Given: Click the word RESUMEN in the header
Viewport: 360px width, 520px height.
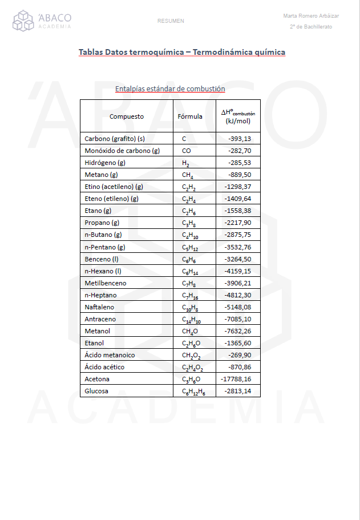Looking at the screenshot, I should pos(171,21).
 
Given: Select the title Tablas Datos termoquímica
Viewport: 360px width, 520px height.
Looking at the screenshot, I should pos(182,53).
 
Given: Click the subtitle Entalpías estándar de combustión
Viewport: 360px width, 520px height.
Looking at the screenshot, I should pos(170,89).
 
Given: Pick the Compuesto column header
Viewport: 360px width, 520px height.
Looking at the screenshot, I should pos(127,116).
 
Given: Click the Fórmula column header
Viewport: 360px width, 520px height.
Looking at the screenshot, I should pos(190,116).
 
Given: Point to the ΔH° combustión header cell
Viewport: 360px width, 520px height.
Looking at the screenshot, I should pos(238,116).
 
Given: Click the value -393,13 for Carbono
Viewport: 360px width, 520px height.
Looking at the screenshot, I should pos(240,139).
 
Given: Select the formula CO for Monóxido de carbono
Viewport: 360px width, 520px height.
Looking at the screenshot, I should pos(187,151).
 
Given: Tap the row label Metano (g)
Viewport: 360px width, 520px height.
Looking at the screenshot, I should pos(101,175).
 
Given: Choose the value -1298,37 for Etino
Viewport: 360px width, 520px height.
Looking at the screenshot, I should pos(238,187).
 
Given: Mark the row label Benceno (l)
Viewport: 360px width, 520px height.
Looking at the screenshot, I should pos(101,259).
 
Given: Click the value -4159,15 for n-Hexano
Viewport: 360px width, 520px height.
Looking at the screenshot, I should pos(238,271).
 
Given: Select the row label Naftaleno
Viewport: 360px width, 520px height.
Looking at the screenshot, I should pos(99,307).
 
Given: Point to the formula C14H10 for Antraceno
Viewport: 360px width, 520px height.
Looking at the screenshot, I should pos(192,320).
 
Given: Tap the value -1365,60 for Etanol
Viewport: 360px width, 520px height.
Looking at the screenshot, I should pos(238,343).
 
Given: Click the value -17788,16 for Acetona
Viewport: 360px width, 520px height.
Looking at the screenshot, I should pos(236,379).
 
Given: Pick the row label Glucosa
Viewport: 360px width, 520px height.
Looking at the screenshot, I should pos(96,391).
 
